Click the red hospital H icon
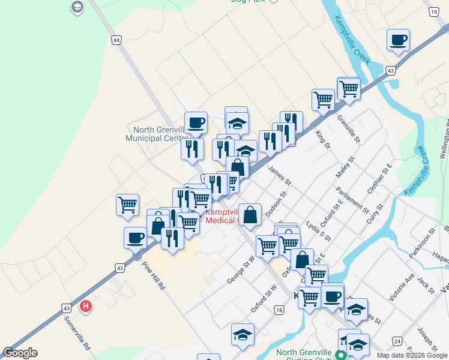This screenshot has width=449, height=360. (x=86, y=306)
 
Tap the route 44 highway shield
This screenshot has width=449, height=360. (x=116, y=40)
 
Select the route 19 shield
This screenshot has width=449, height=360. (x=433, y=12)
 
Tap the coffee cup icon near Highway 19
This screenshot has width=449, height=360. (x=399, y=40)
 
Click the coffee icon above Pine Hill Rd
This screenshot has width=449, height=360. (x=136, y=237)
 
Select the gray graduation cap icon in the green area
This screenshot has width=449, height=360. (x=77, y=7)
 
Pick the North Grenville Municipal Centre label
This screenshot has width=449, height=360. (x=157, y=134)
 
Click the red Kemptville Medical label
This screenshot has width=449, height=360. (x=222, y=216)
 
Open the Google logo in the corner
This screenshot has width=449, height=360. (x=20, y=353)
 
